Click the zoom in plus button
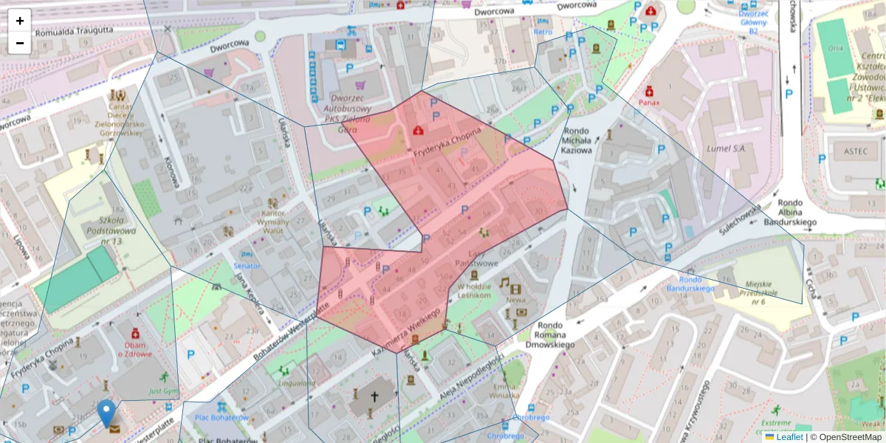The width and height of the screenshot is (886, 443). tap(20, 21)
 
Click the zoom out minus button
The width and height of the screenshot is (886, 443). tap(20, 43)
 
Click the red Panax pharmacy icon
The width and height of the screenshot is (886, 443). tap(649, 92)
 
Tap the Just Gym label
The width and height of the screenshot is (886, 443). tap(164, 391)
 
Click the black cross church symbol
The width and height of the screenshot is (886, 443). tap(374, 397)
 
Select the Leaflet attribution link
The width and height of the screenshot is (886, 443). tap(789, 437)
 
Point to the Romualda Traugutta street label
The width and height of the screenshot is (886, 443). tap(75, 30)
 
